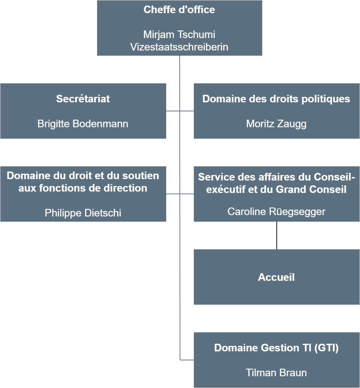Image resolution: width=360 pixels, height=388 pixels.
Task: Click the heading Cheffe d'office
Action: coord(179,10)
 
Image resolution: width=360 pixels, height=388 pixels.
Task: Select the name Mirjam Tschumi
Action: coord(179,34)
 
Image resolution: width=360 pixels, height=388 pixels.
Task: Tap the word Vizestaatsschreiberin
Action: coord(179,47)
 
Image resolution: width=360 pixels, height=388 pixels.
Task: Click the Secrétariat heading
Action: coord(83,99)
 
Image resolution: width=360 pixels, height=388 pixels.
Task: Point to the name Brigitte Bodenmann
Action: coord(83,124)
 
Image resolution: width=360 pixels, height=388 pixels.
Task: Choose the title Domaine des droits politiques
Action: coord(276,99)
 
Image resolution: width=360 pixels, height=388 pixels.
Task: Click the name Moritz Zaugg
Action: coord(276,124)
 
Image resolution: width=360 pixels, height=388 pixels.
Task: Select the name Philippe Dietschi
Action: coord(83,213)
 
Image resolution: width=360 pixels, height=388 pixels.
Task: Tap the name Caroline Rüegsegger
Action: coord(276,212)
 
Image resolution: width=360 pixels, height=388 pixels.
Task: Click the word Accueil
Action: coord(276,277)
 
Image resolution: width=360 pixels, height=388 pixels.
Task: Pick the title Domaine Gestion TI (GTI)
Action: coord(276,348)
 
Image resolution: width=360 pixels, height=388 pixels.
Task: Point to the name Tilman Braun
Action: coord(276,373)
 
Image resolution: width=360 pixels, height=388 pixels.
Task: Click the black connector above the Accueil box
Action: coord(277,235)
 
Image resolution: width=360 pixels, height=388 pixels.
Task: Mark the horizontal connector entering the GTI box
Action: coord(187,360)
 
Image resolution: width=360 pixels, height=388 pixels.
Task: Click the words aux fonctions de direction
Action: coord(83,188)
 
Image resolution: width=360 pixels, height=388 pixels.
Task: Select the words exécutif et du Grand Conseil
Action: coord(276,189)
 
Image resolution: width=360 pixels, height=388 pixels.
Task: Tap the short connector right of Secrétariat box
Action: coord(173,111)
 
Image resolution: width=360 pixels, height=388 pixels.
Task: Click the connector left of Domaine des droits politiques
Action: coord(187,111)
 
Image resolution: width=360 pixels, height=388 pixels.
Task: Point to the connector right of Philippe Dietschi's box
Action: coord(173,194)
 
